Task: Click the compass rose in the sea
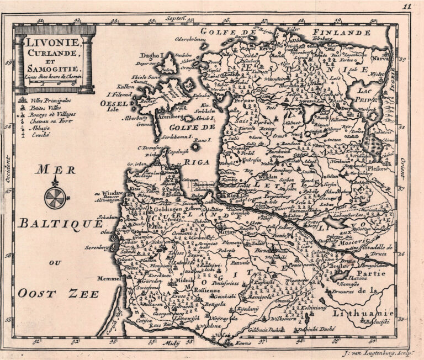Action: pos(55,197)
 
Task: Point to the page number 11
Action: pos(407,7)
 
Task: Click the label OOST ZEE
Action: pos(57,293)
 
